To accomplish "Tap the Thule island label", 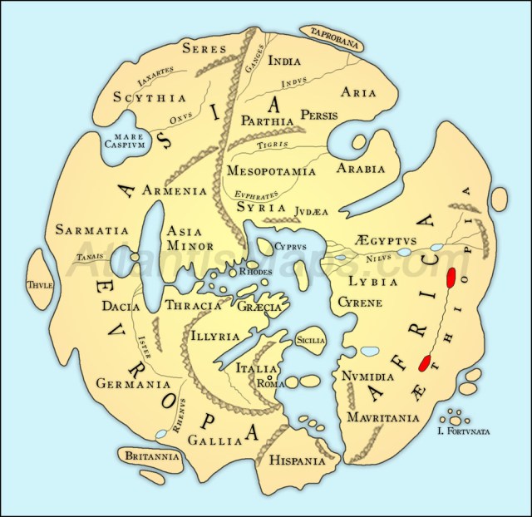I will point(39,285).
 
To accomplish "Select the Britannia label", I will point(149,456).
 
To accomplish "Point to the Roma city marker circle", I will point(269,376).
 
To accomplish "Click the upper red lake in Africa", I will point(451,278).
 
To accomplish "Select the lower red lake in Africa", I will point(424,362).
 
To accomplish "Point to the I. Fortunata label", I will point(463,431).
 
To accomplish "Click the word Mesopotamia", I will point(271,171).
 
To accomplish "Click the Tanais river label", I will point(91,257).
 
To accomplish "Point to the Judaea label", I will point(312,211).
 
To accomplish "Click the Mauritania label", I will point(383,416).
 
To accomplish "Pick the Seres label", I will point(204,47).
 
